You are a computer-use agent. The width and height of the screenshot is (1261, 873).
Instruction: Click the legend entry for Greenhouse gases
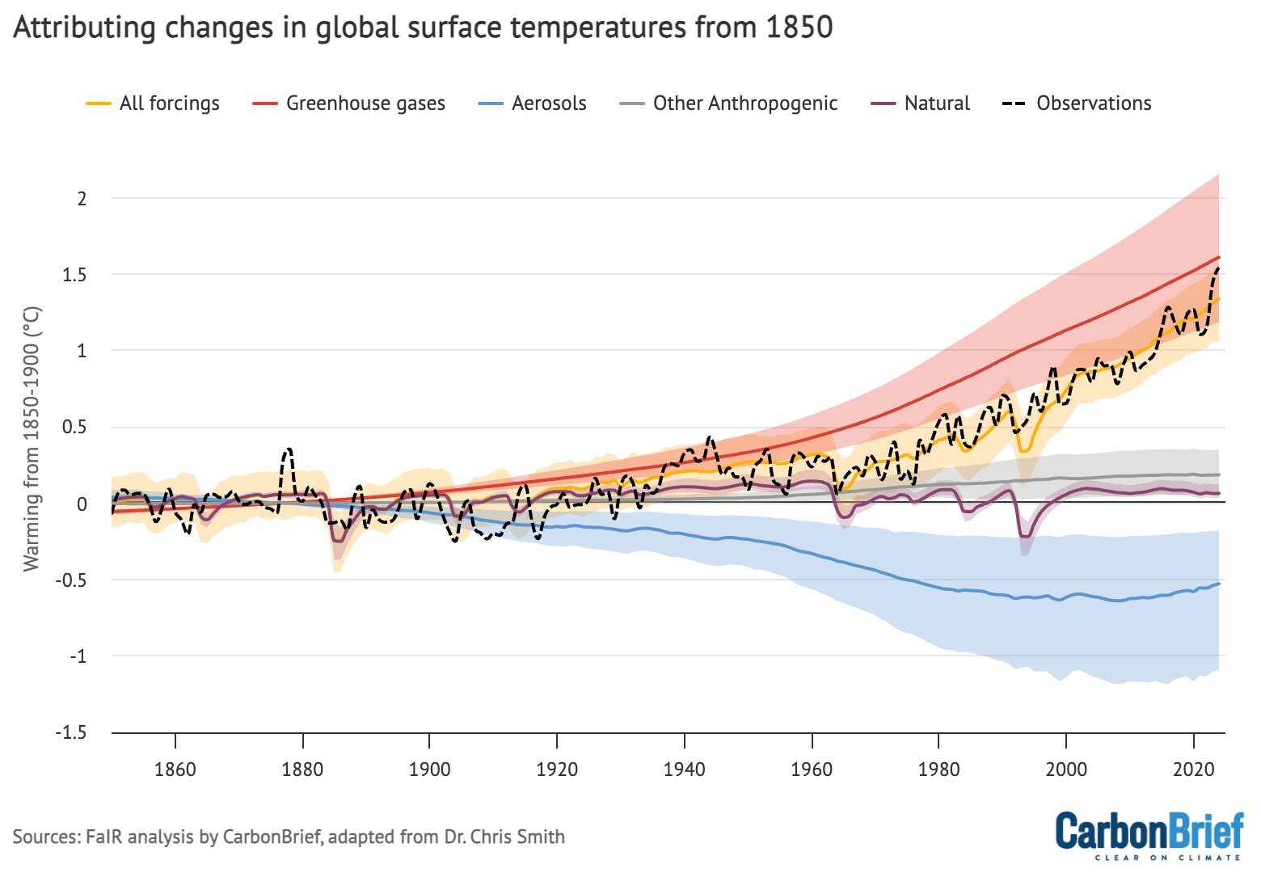(x=365, y=103)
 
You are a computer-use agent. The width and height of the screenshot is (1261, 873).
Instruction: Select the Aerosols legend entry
(x=548, y=103)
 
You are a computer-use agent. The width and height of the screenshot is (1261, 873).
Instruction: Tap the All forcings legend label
(x=169, y=103)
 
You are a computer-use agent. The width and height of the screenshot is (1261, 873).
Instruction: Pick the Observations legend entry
(x=1093, y=103)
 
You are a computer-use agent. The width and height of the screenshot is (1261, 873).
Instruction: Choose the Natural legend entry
(x=936, y=103)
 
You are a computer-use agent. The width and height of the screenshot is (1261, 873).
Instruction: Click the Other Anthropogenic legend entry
(x=744, y=103)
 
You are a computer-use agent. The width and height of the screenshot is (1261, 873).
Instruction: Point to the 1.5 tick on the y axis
(x=76, y=275)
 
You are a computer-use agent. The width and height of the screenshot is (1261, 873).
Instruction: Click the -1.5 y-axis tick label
(x=71, y=732)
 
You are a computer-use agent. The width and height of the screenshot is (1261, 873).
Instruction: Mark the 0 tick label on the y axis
(x=82, y=504)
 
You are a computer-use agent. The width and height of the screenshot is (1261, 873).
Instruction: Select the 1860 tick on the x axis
(x=175, y=769)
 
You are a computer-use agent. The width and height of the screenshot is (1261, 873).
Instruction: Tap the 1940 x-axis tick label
(x=684, y=769)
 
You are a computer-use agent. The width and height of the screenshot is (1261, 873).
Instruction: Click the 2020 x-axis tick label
(x=1193, y=769)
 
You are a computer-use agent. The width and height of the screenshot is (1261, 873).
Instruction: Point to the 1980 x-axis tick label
(x=938, y=769)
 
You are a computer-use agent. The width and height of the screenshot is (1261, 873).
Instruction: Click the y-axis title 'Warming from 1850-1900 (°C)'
(x=32, y=439)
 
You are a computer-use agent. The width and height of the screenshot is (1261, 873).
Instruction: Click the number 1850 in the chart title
(x=799, y=27)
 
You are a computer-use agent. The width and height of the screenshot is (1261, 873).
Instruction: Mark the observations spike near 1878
(x=288, y=449)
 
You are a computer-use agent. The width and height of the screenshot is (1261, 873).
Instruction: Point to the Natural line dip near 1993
(x=1025, y=535)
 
